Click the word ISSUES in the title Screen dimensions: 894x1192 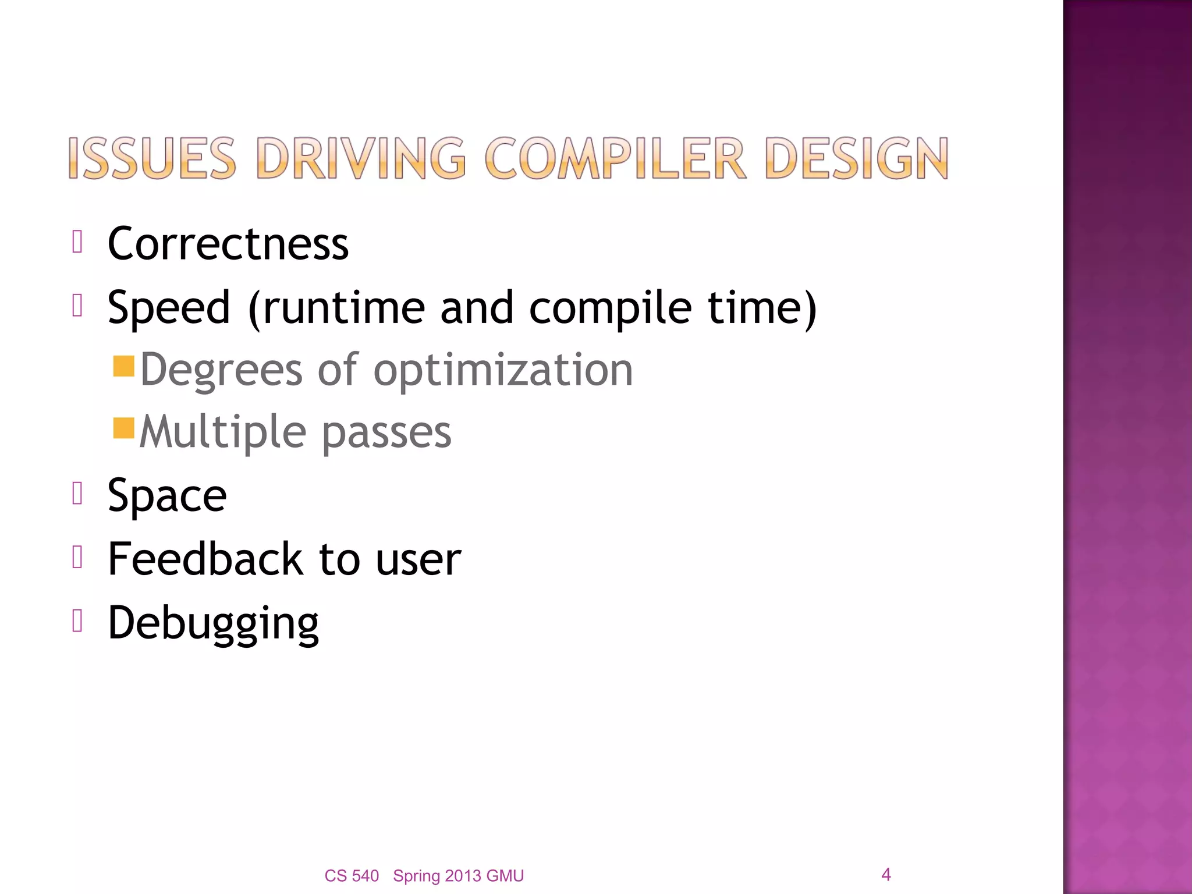point(152,158)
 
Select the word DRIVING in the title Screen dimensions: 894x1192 point(361,158)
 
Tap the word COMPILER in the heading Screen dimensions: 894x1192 point(615,158)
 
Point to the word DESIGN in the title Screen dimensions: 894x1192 point(857,158)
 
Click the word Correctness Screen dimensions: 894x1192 point(228,244)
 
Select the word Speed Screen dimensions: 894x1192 point(169,308)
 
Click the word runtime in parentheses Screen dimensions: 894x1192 point(344,308)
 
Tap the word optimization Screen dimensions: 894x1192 point(503,370)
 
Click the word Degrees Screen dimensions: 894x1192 point(221,370)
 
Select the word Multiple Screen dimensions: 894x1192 point(223,432)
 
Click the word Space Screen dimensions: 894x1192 point(167,496)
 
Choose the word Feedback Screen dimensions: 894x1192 point(205,559)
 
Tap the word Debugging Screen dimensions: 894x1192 point(213,623)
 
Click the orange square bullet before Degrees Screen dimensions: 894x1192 point(124,367)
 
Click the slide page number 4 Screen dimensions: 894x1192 point(886,874)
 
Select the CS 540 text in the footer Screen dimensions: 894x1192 point(352,876)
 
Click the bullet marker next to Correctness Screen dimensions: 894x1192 point(77,242)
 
